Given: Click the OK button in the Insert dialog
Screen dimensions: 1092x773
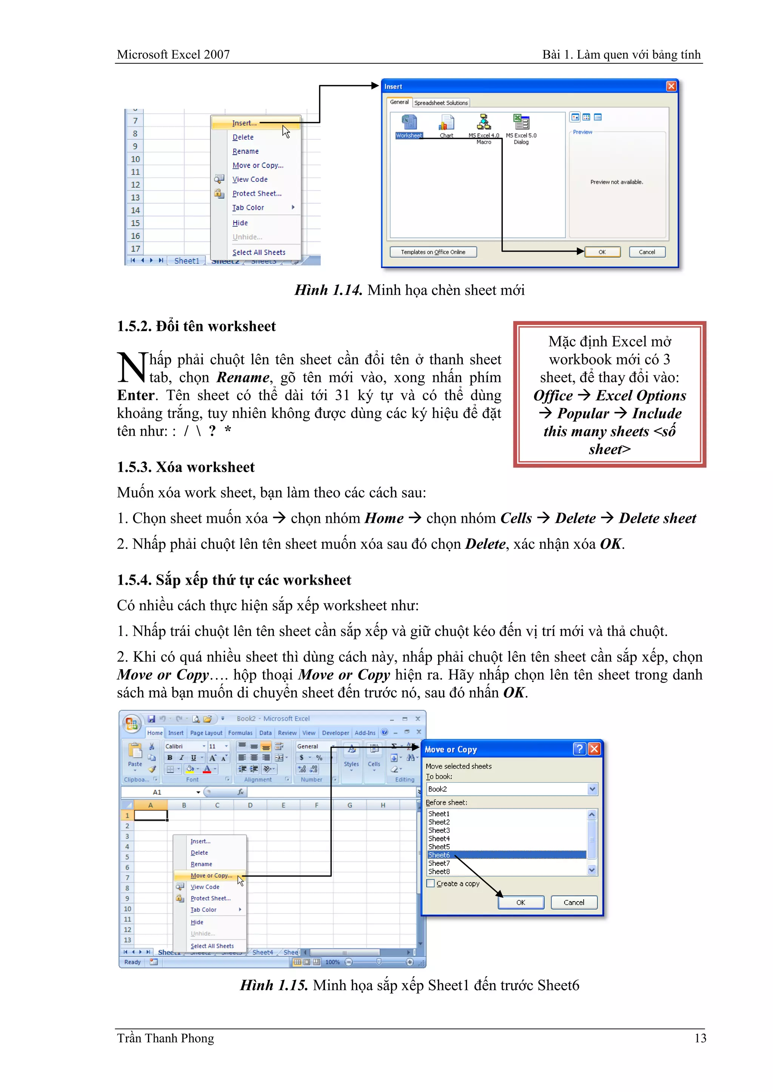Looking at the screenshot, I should click(x=602, y=252).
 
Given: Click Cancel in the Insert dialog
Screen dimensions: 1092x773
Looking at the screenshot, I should click(x=647, y=252).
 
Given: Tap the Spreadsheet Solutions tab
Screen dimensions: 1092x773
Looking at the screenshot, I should click(x=441, y=103).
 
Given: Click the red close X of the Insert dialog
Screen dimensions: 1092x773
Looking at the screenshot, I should click(x=671, y=86).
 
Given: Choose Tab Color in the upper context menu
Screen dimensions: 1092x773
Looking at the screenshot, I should click(x=248, y=208).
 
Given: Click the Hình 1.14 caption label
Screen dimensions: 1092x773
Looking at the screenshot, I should click(x=328, y=290).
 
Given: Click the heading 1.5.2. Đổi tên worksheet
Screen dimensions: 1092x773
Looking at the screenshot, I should click(x=196, y=326).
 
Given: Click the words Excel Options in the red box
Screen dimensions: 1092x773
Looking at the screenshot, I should click(x=641, y=396).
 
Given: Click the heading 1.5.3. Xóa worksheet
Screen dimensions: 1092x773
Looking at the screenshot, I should click(x=186, y=467).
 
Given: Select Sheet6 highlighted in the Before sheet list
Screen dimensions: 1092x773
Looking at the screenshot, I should click(x=439, y=855).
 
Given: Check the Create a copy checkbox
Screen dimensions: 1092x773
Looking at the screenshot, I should click(x=431, y=884).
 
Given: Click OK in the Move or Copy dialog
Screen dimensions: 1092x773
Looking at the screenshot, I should click(x=521, y=903).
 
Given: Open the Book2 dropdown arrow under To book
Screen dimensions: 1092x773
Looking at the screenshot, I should click(x=592, y=789).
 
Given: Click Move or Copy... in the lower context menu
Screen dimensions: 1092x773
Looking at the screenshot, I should click(x=211, y=875).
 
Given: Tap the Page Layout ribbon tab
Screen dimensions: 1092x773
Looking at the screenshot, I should click(x=206, y=733).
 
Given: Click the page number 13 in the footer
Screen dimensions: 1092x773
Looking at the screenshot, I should click(x=700, y=1038).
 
